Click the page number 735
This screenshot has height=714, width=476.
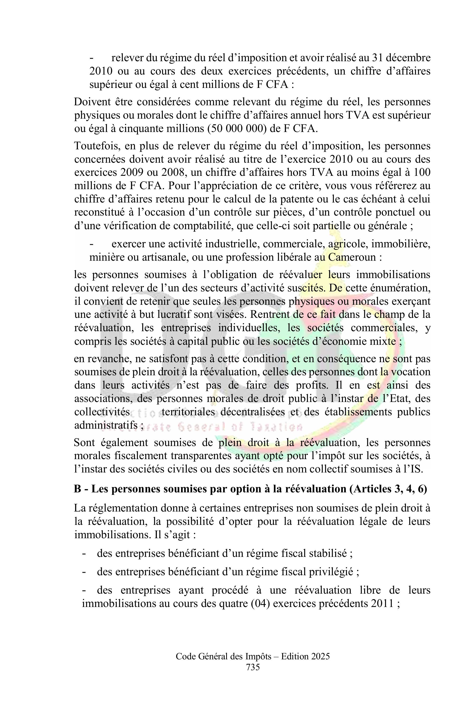(x=253, y=667)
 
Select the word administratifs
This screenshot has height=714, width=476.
(x=107, y=425)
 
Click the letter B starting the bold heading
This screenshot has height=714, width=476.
(x=78, y=489)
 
